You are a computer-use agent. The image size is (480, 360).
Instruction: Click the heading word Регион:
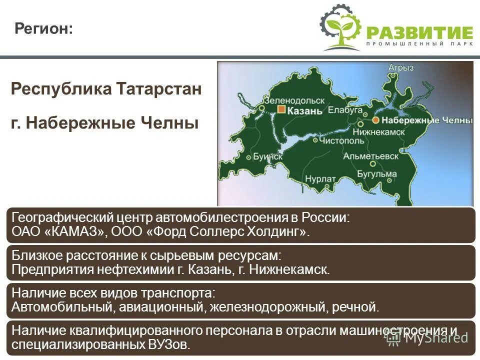(43, 28)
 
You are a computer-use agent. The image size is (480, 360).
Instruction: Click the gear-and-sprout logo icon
(340, 27)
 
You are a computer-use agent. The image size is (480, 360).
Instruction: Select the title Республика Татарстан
(106, 89)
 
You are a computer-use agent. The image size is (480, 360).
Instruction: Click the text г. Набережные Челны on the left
(104, 122)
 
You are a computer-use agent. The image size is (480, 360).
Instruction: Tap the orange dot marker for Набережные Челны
(375, 120)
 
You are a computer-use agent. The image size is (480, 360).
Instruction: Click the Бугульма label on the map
(376, 174)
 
